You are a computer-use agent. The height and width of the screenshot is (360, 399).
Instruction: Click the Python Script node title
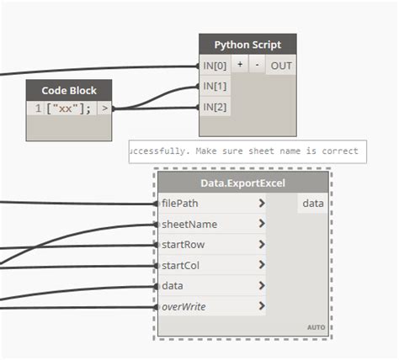click(247, 45)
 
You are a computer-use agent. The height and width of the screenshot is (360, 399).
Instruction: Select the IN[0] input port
click(215, 66)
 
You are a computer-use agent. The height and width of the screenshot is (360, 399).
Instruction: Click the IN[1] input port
click(215, 86)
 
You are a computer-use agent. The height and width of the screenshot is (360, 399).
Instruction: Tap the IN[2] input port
click(215, 107)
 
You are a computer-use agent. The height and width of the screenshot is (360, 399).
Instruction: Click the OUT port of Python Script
click(280, 66)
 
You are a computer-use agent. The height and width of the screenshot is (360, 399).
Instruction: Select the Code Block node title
click(70, 90)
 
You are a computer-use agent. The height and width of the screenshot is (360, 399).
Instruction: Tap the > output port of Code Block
click(104, 109)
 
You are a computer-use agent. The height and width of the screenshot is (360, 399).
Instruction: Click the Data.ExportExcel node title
click(242, 183)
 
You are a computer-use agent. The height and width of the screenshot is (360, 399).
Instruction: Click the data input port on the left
click(172, 286)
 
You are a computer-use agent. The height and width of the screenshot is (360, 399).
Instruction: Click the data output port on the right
click(313, 204)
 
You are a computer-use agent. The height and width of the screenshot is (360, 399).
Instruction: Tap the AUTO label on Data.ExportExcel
click(315, 327)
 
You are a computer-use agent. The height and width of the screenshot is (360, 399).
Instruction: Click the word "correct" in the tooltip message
click(338, 151)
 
